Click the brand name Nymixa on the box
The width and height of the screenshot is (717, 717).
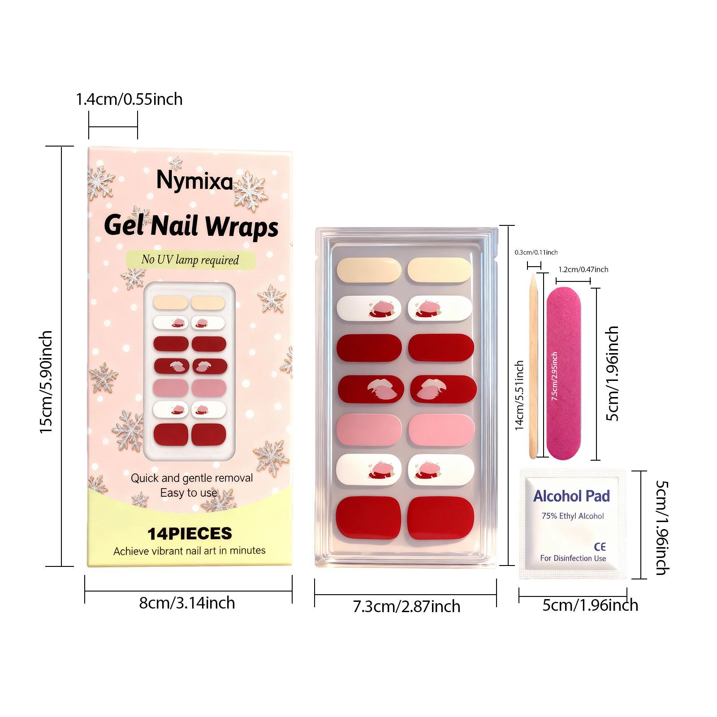(x=194, y=181)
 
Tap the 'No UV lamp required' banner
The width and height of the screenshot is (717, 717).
(x=190, y=260)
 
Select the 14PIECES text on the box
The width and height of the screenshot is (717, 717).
(x=190, y=533)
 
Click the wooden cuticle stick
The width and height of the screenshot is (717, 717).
(x=532, y=367)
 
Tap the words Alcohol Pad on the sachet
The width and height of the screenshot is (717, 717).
(x=571, y=496)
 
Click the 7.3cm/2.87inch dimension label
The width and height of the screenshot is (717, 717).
(x=406, y=607)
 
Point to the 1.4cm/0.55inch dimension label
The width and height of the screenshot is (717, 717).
(x=129, y=99)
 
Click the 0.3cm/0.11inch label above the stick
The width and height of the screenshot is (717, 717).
(x=536, y=253)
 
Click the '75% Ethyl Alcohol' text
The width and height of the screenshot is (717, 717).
(x=573, y=516)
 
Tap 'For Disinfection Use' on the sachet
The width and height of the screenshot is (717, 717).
(x=573, y=558)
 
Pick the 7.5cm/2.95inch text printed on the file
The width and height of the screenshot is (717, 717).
(x=554, y=376)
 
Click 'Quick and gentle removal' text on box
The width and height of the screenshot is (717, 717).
(x=192, y=478)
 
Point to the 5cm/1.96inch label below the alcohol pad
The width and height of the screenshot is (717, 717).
(x=590, y=605)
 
